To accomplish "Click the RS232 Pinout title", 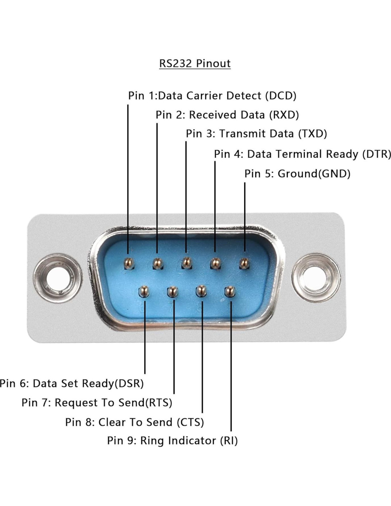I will pyautogui.click(x=195, y=63).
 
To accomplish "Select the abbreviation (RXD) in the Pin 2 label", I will pyautogui.click(x=284, y=115).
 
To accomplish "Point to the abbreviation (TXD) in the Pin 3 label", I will pyautogui.click(x=312, y=134).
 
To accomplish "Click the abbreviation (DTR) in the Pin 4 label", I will pyautogui.click(x=376, y=154).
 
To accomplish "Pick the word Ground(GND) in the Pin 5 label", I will pyautogui.click(x=314, y=174).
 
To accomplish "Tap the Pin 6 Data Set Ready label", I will pyautogui.click(x=72, y=384).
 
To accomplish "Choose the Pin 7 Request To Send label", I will pyautogui.click(x=97, y=403).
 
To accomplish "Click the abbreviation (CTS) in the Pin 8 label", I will pyautogui.click(x=190, y=422).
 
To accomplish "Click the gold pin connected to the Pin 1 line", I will pyautogui.click(x=128, y=263).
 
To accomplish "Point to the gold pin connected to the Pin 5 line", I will pyautogui.click(x=244, y=263).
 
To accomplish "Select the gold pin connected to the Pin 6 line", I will pyautogui.click(x=143, y=291).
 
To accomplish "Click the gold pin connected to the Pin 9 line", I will pyautogui.click(x=230, y=291).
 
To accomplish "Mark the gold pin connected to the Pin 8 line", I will pyautogui.click(x=201, y=291).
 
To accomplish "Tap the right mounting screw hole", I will pyautogui.click(x=316, y=277).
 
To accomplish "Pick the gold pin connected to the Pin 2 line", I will pyautogui.click(x=157, y=263).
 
